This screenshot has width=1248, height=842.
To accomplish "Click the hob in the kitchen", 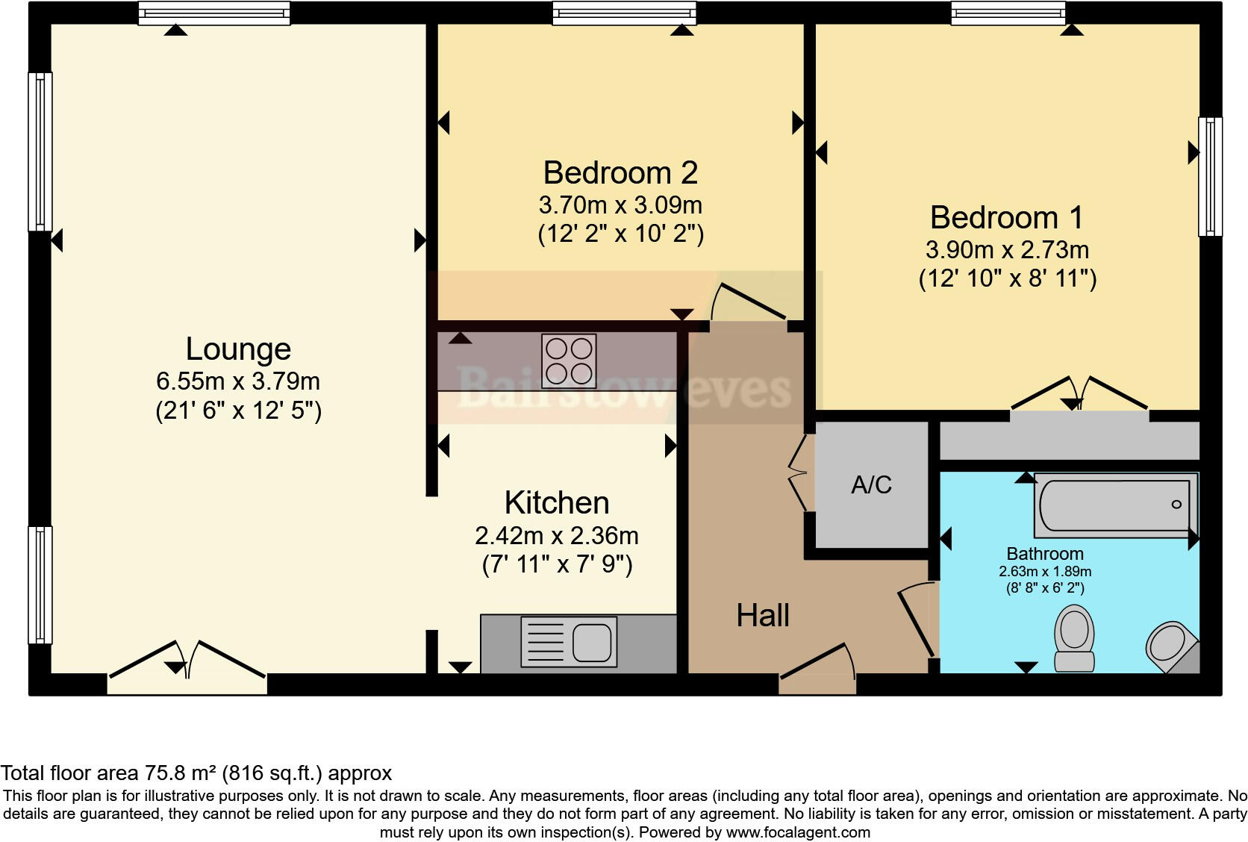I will pos(569,361).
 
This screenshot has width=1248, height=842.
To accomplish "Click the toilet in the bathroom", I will pos(1074,638).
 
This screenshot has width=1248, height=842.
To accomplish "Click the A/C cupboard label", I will pos(871,485).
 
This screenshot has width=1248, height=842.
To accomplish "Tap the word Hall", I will pos(762,616).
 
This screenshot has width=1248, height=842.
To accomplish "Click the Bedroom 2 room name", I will pos(620,172).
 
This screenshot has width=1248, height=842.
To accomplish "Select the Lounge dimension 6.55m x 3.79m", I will pos(237,381).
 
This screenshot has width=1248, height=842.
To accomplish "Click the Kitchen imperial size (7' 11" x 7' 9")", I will pos(557,564).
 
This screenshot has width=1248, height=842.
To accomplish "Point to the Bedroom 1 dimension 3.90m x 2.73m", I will pos(1007,249).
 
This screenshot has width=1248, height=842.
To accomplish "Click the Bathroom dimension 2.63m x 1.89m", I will pos(1045,572).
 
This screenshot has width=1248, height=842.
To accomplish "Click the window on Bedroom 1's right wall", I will pos(1210,176).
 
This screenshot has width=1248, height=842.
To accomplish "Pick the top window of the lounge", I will pos(214,13).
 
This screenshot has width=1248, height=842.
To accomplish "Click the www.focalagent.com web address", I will pos(797,832).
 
